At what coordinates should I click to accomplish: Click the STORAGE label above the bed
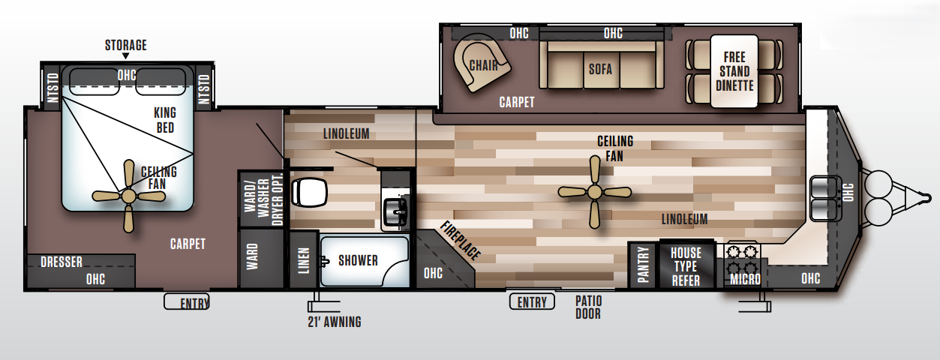[x=125, y=46]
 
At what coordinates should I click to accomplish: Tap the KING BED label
[x=164, y=120]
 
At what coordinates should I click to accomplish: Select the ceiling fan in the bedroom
[x=128, y=196]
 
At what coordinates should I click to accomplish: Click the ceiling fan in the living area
[x=594, y=192]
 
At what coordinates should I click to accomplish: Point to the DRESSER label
[x=62, y=262]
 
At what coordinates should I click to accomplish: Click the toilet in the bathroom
[x=309, y=192]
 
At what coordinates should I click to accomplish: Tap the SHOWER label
[x=358, y=260]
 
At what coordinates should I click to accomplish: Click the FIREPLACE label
[x=460, y=240]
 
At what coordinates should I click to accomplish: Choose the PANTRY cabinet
[x=642, y=265]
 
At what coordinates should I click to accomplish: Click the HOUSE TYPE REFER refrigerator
[x=685, y=266]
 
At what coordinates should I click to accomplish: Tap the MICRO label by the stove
[x=744, y=280]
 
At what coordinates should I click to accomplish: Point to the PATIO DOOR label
[x=588, y=307]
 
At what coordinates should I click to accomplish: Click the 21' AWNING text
[x=334, y=322]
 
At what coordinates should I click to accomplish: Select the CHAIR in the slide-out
[x=483, y=64]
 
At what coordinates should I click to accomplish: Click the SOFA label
[x=600, y=69]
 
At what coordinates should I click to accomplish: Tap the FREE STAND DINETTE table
[x=734, y=71]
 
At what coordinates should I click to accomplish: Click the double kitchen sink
[x=825, y=199]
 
